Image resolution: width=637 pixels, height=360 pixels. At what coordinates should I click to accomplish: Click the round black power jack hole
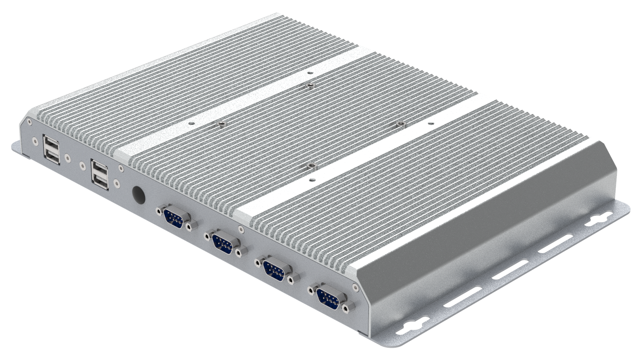coord(139,194)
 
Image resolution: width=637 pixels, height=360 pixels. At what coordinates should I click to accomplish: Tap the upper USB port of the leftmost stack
coord(51,144)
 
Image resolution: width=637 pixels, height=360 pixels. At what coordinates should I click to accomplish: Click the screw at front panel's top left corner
coord(29,122)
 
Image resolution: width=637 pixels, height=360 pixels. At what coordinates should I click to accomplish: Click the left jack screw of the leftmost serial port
coord(159,211)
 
